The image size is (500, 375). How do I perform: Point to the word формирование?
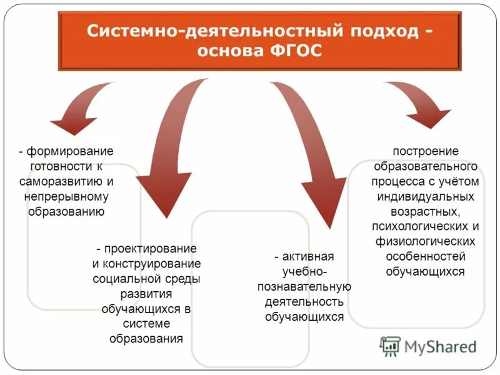coord(70,152)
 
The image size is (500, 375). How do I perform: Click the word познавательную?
coord(304,287)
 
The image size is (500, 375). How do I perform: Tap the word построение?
coord(426,152)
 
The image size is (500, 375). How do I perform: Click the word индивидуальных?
coord(426,197)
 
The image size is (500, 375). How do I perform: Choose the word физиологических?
coord(426,242)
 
